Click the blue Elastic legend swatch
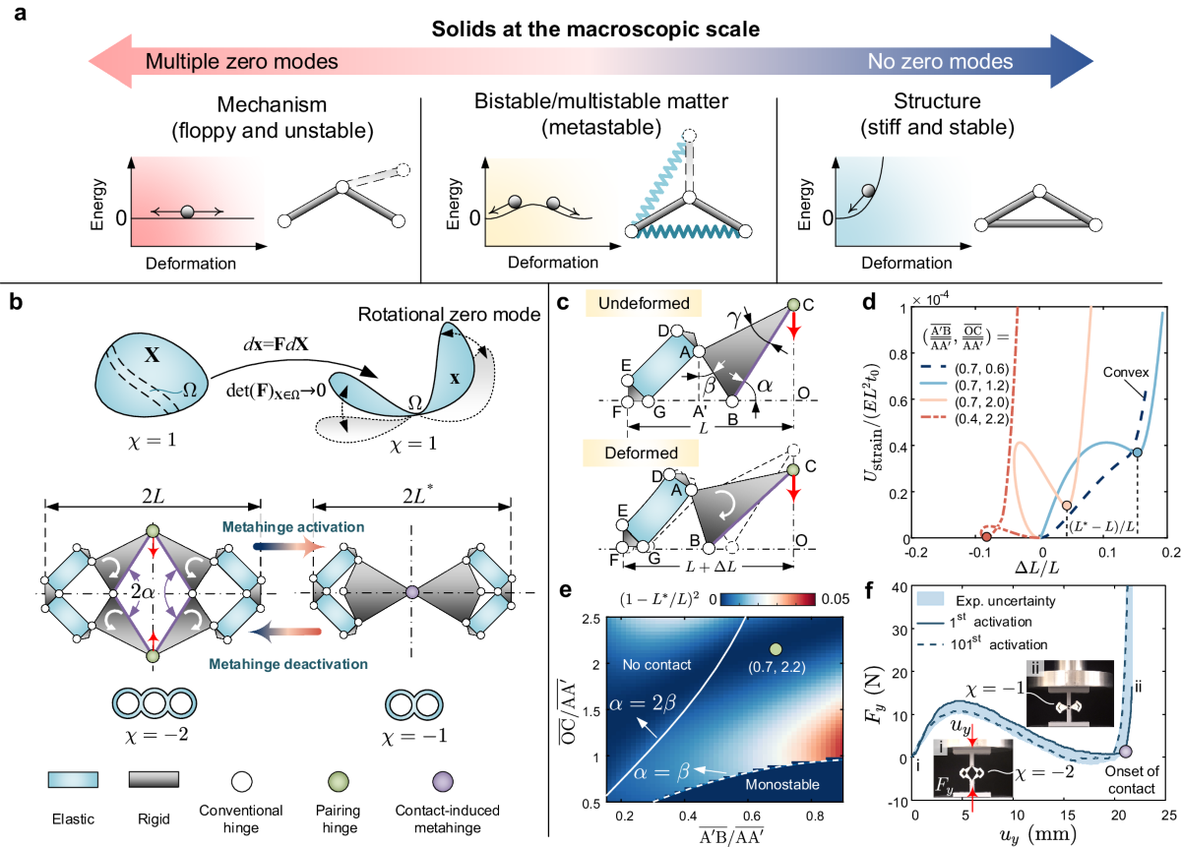pos(73,782)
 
